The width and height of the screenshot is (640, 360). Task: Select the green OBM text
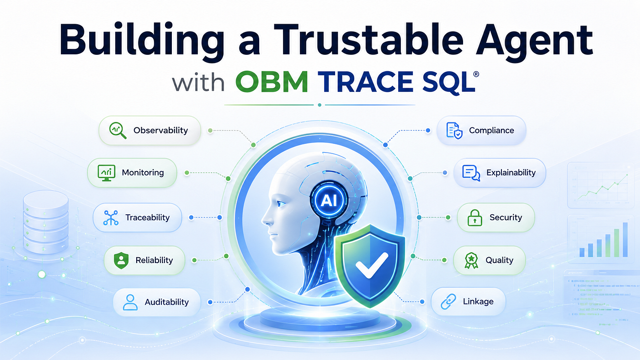pos(272,82)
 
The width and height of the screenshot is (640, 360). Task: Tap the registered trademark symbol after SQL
pos(476,74)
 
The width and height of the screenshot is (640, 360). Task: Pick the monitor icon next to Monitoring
pos(106,173)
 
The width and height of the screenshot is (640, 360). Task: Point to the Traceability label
pos(147,217)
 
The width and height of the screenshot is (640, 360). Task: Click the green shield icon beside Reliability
pos(121,260)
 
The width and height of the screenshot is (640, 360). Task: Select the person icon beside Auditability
pos(130,302)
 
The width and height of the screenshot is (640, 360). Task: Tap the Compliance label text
pos(491,131)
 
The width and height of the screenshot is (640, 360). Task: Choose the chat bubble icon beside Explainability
pos(471,173)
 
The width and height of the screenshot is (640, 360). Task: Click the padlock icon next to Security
pos(475,218)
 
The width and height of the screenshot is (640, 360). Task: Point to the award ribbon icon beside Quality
pos(471,260)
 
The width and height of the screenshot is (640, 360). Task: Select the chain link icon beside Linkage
pos(448,302)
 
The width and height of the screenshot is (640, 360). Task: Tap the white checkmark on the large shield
pos(372,265)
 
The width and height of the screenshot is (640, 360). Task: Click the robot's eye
pos(281,204)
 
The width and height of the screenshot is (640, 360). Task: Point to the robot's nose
pos(266,219)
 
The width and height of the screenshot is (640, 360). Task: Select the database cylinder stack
pos(46,222)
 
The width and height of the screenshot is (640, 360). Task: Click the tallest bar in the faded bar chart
pos(625,239)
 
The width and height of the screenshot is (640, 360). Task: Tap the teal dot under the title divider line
pos(320,105)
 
